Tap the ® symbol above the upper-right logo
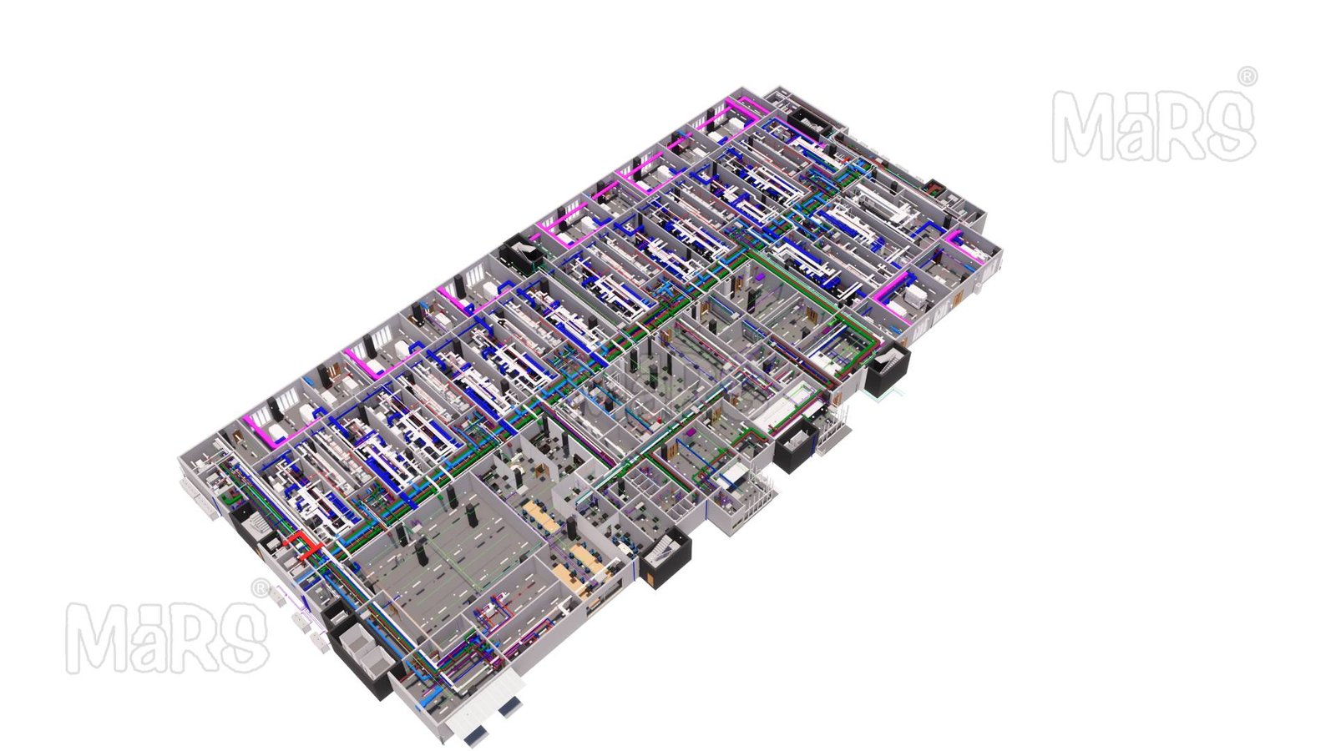pos(1247,76)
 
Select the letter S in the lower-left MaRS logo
pos(245,638)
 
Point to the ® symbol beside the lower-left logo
pos(261,587)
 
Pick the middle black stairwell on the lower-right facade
pos(797,444)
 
